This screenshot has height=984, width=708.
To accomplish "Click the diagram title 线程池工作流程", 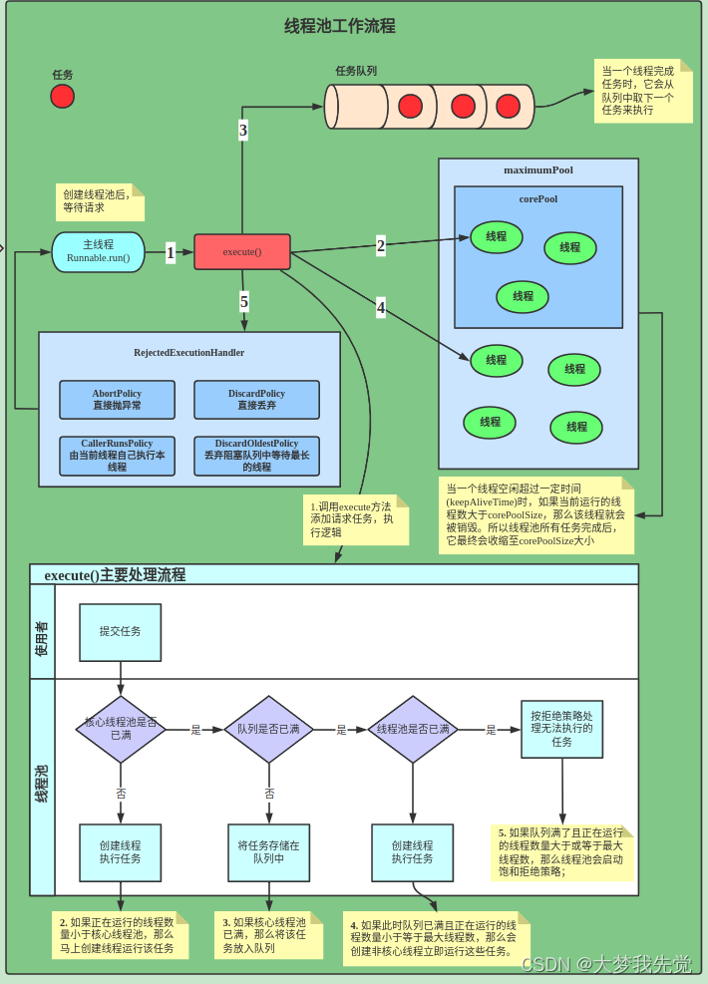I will click(x=340, y=26).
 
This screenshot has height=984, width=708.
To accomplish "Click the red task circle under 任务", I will click(x=62, y=96).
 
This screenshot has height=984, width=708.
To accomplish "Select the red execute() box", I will click(x=241, y=251).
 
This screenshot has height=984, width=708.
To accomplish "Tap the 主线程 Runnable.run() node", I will click(x=98, y=251).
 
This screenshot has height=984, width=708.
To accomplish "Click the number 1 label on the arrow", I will click(x=171, y=253).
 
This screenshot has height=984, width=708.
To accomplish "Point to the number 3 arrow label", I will click(x=242, y=130).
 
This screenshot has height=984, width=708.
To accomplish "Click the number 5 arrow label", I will click(x=243, y=301).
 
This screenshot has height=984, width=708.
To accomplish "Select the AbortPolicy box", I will click(x=117, y=400).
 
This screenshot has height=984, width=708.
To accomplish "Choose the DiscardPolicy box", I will click(x=256, y=400).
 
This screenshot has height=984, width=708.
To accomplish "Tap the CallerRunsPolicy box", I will click(x=117, y=456).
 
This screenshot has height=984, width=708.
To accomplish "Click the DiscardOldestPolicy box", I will click(x=256, y=456).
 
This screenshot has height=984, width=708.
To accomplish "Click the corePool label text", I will click(x=537, y=198).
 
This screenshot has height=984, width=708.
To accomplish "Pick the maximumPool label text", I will click(x=537, y=169).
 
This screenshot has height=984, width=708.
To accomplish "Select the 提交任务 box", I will click(x=120, y=632).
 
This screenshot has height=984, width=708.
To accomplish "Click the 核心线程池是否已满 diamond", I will click(x=121, y=729).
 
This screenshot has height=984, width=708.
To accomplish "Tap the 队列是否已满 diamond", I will click(x=268, y=729).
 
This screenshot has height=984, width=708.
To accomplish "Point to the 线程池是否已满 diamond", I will click(x=413, y=729).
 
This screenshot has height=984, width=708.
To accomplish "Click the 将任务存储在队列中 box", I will click(x=268, y=851).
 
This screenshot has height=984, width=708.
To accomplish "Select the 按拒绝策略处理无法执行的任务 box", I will click(x=561, y=729).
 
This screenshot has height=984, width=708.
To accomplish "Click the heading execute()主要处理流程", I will click(x=115, y=575).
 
